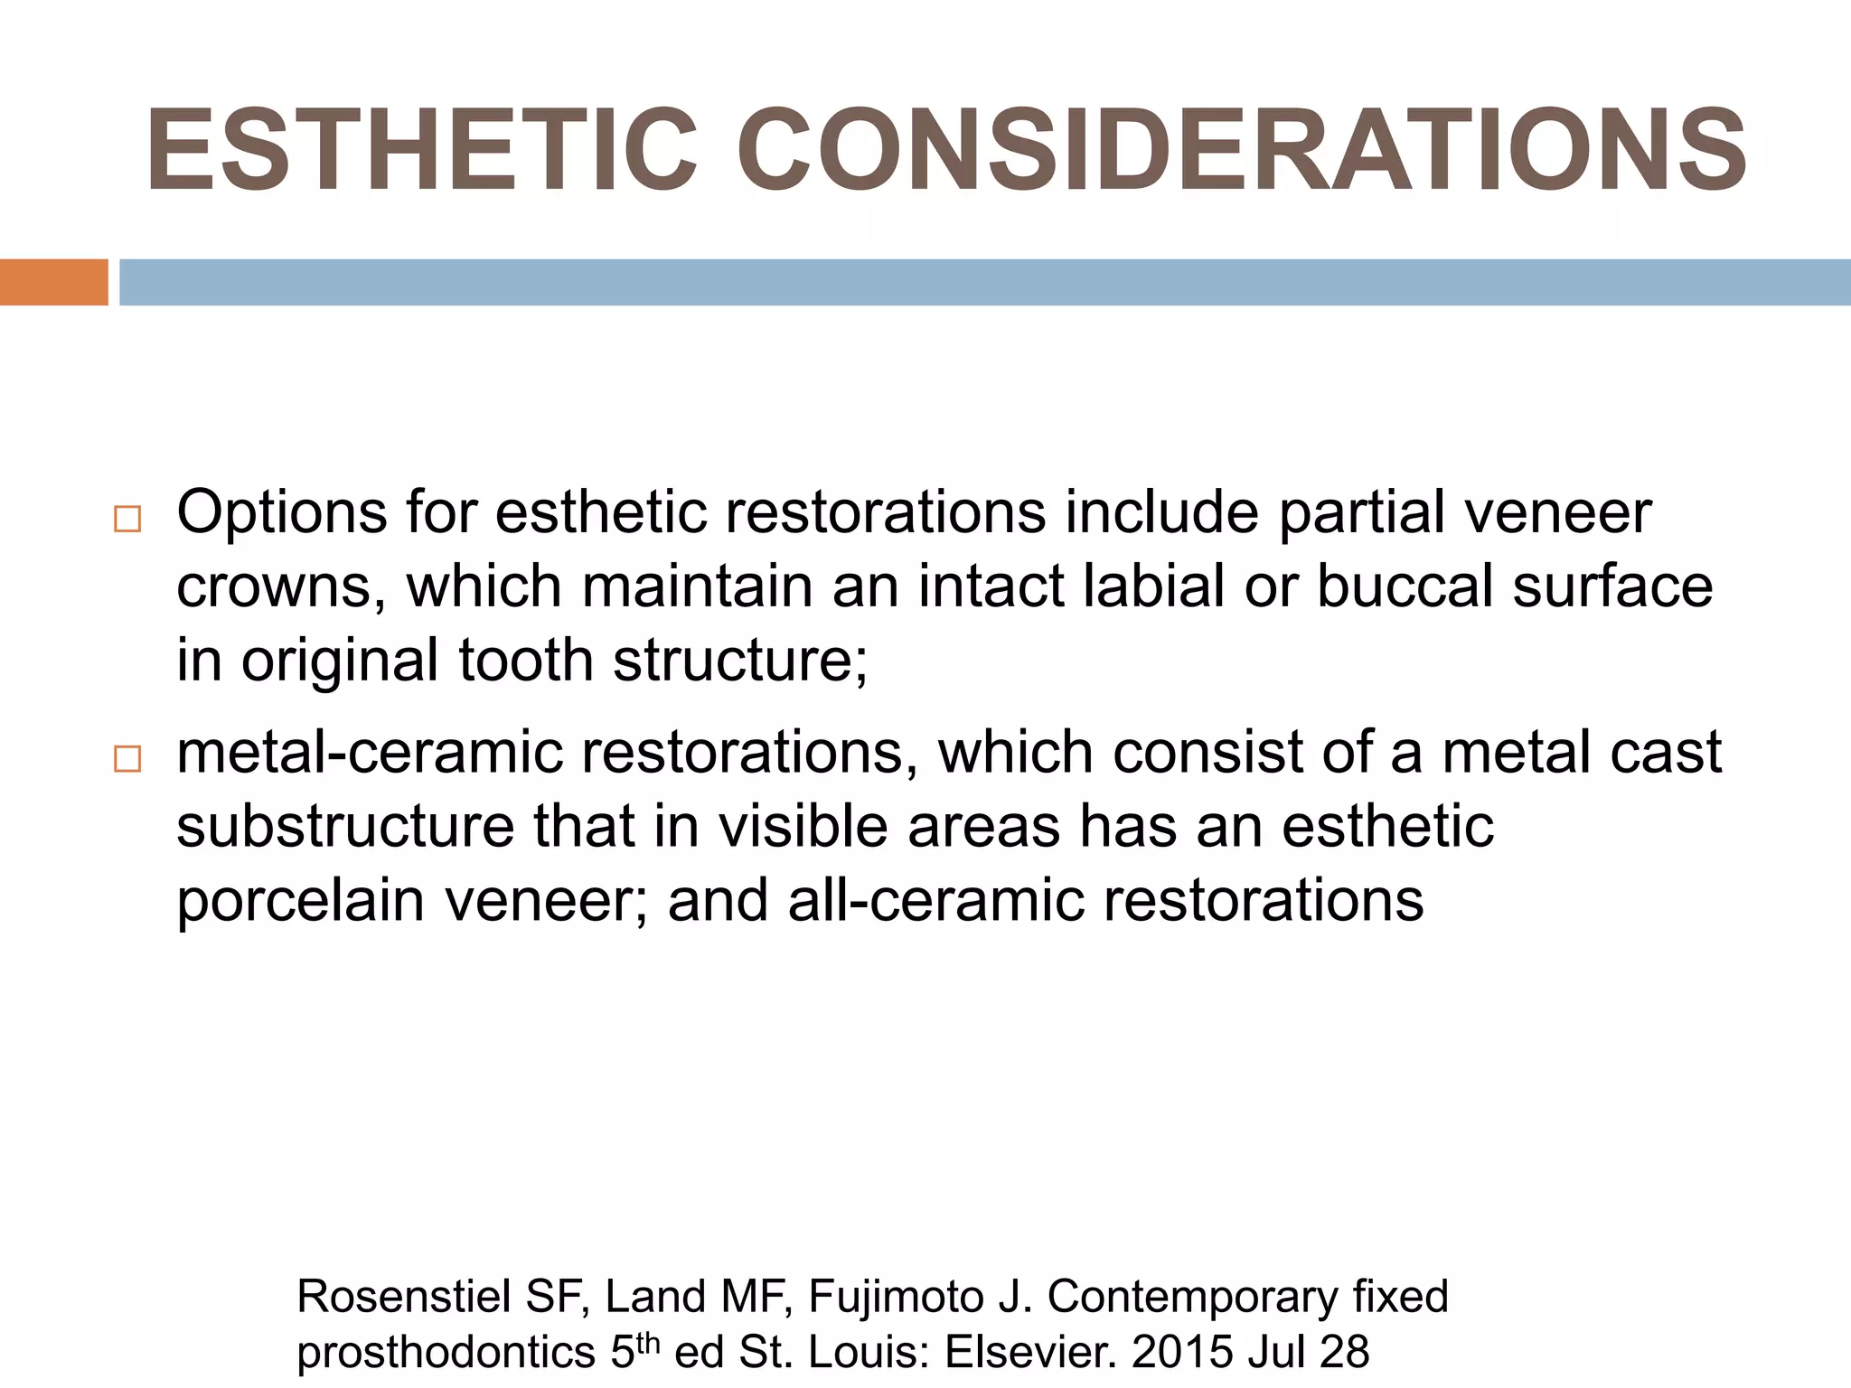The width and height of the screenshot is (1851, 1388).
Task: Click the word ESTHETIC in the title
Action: coord(421,151)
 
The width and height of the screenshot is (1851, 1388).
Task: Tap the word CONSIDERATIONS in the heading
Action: coord(1241,151)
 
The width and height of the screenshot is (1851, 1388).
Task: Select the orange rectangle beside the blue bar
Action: coord(53,282)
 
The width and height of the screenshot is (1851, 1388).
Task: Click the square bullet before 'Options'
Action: coord(127,520)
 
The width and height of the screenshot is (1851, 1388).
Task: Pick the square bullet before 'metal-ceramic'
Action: coord(127,759)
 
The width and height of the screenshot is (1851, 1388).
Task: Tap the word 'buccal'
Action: coord(1405,586)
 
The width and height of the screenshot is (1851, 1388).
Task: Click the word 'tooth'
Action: coord(525,661)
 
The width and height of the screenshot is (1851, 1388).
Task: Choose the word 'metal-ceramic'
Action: coord(369,753)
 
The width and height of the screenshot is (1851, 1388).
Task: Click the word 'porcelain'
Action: coord(300,901)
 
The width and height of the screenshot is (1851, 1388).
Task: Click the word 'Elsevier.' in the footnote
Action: coord(1025,1353)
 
